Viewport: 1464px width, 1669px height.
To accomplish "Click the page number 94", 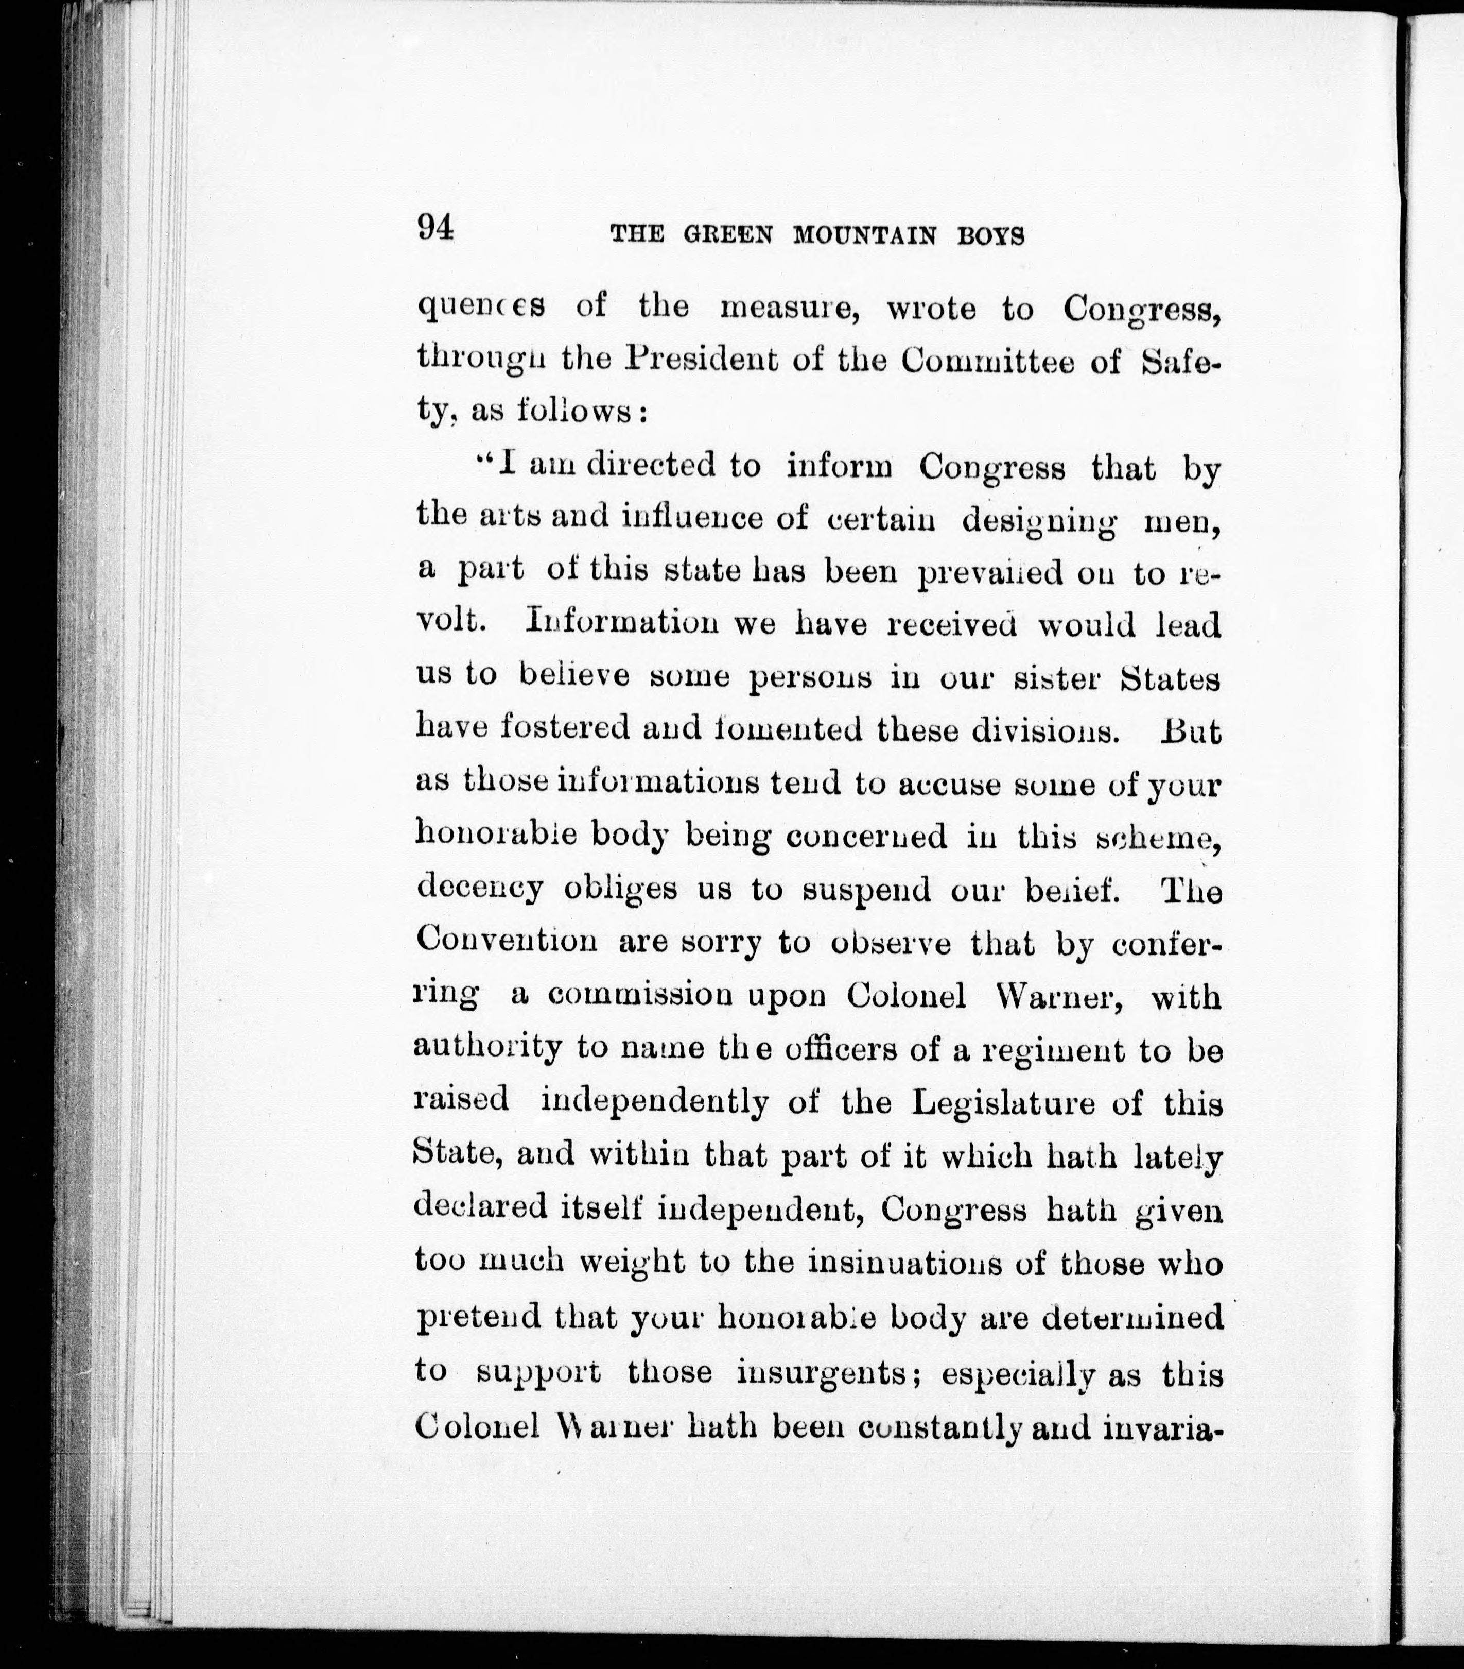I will click(x=435, y=227).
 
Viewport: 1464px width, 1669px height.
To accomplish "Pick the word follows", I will click(x=574, y=412).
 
